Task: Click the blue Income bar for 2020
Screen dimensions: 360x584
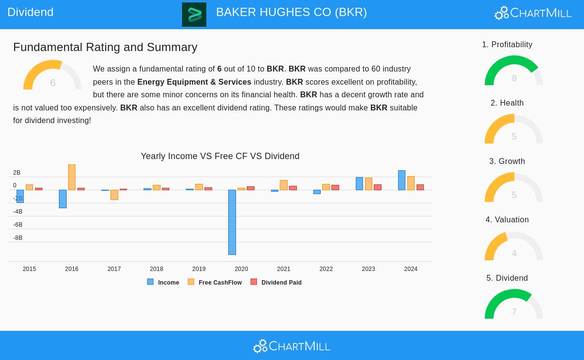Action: [232, 222]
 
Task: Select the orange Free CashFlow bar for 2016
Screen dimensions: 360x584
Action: [72, 177]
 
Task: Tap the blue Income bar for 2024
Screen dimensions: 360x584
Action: [401, 180]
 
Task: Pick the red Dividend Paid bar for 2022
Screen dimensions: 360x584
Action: [335, 187]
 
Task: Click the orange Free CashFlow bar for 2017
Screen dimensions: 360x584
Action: [114, 195]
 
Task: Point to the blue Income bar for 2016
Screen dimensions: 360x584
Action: [63, 198]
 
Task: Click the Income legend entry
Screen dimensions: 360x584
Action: [164, 282]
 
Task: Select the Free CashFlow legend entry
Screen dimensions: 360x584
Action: [215, 282]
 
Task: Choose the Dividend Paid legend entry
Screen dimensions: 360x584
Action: [276, 282]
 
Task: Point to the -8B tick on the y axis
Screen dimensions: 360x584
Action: [18, 238]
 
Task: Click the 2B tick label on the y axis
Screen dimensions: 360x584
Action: [17, 173]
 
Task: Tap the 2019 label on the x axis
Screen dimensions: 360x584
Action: [199, 269]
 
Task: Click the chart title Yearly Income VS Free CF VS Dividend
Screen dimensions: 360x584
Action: [220, 156]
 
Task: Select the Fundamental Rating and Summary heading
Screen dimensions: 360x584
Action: [105, 47]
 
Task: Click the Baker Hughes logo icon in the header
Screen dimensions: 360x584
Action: [194, 15]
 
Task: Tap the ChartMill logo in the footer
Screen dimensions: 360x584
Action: [292, 346]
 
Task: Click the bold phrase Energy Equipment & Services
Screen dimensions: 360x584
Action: [194, 82]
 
